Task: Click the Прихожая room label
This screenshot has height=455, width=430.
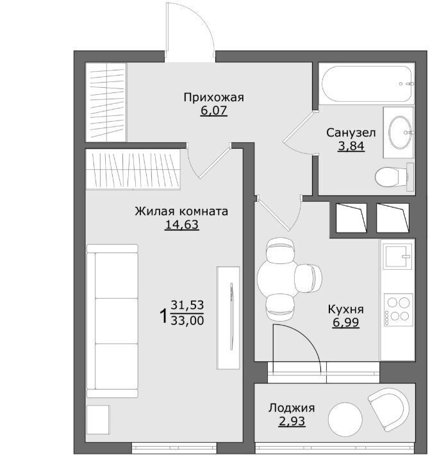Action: click(213, 98)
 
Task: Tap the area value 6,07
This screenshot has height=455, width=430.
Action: click(213, 111)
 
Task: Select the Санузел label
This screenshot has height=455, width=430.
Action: click(351, 133)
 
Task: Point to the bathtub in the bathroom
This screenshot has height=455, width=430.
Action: click(367, 84)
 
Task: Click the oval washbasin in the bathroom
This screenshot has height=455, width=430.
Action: click(400, 132)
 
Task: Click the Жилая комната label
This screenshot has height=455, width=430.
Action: click(181, 211)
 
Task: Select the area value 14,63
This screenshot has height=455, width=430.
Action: click(181, 224)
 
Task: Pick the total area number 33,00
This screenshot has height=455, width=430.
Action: click(187, 320)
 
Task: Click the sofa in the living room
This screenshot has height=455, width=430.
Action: click(112, 321)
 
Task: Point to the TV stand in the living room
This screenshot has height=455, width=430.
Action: click(228, 318)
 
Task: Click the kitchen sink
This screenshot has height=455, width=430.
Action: click(397, 256)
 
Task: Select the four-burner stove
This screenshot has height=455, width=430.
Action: click(398, 310)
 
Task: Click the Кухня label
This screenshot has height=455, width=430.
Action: click(345, 310)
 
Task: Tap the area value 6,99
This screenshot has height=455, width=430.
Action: click(346, 322)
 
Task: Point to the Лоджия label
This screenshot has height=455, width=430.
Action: click(292, 408)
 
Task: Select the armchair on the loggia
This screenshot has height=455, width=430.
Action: click(390, 409)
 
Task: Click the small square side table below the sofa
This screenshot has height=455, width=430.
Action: click(98, 420)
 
